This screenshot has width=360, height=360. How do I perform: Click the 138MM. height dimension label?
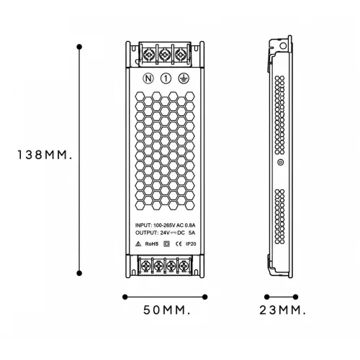[x=45, y=155]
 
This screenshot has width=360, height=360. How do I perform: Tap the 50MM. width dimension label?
[x=167, y=310]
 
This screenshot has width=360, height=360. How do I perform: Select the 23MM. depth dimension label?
[x=283, y=310]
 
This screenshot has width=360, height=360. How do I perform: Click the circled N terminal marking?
[x=148, y=78]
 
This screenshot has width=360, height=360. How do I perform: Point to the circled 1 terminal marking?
[x=166, y=78]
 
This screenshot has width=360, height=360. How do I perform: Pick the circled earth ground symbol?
[x=184, y=78]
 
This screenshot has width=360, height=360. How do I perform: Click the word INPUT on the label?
[x=143, y=225]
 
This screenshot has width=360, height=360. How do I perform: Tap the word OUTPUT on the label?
[x=146, y=233]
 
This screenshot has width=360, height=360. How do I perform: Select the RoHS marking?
[x=152, y=244]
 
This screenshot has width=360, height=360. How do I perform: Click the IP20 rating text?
[x=191, y=244]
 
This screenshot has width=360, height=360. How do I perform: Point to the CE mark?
[x=179, y=244]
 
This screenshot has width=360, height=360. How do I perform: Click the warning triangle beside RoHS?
[x=138, y=244]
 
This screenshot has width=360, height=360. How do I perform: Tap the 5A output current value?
[x=192, y=233]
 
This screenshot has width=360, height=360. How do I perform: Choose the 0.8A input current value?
[x=190, y=225]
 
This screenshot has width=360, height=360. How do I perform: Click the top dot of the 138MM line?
[x=79, y=47]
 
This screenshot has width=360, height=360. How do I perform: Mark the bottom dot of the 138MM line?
[x=79, y=273]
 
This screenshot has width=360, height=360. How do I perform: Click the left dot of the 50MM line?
[x=125, y=297]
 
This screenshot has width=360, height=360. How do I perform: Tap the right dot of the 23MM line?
[x=296, y=297]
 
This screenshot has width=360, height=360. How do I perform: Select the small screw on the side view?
[x=281, y=163]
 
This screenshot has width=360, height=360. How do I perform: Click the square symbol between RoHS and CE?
[x=166, y=244]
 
